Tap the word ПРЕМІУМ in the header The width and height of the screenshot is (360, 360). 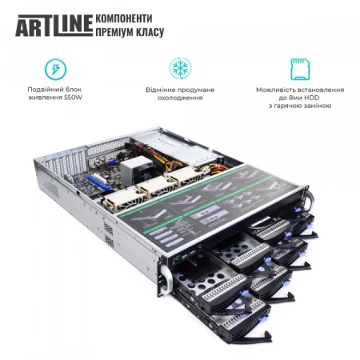pyautogui.click(x=115, y=32)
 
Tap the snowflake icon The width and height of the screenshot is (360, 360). pyautogui.click(x=179, y=67)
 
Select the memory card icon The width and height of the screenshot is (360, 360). pyautogui.click(x=301, y=67)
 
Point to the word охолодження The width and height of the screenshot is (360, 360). pyautogui.click(x=180, y=98)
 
